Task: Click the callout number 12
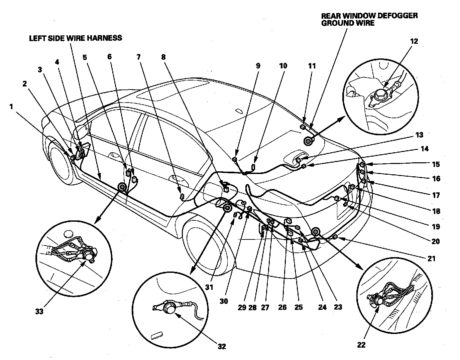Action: (x=414, y=41)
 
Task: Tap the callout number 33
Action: (x=39, y=312)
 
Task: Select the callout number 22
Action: (x=361, y=345)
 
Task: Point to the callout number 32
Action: (x=222, y=346)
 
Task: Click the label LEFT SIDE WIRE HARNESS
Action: (x=75, y=38)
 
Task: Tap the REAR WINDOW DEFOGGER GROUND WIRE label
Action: (x=369, y=19)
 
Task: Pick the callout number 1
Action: (x=12, y=107)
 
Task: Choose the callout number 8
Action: (x=163, y=57)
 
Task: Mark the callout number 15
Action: (x=436, y=164)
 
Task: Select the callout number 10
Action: (x=283, y=65)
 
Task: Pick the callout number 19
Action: (x=436, y=227)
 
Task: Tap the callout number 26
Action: (x=282, y=307)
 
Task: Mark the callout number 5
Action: (x=85, y=57)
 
